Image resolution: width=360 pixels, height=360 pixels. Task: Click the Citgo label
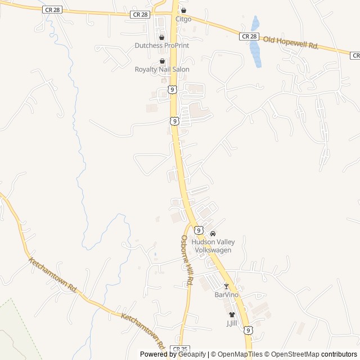tap(183, 19)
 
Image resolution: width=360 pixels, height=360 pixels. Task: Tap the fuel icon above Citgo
tap(183, 10)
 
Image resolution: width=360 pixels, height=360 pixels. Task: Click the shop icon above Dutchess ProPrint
tap(162, 37)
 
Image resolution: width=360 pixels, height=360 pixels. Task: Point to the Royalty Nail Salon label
tap(162, 69)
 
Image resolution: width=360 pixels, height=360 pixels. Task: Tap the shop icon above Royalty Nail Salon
tap(162, 61)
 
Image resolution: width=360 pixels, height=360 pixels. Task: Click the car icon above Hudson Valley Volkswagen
tap(213, 233)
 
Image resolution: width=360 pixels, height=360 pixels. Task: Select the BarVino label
tap(227, 294)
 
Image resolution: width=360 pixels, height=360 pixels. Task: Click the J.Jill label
tap(232, 323)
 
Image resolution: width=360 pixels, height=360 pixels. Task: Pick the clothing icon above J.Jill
tap(232, 315)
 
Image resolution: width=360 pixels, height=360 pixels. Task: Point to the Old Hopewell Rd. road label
tap(291, 42)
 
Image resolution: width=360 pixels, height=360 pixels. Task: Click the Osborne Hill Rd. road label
tap(187, 259)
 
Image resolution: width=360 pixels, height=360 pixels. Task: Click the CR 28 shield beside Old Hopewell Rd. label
tap(249, 36)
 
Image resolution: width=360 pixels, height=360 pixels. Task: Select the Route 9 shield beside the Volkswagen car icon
tap(199, 230)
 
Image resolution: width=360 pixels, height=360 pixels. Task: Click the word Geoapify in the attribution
tap(192, 354)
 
